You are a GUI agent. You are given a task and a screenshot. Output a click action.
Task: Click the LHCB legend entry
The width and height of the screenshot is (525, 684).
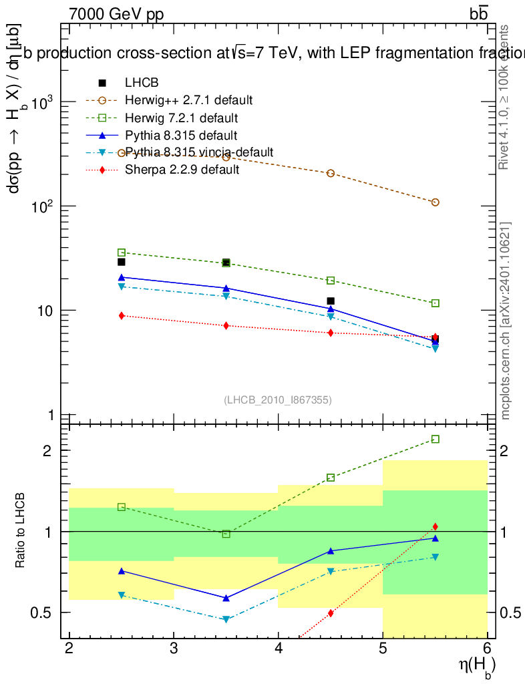(x=141, y=83)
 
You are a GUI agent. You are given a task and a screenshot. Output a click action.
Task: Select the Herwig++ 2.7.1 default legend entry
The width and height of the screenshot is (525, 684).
(x=188, y=100)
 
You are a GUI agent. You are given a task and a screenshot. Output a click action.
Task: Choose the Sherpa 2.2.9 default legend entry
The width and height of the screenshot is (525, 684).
(x=182, y=170)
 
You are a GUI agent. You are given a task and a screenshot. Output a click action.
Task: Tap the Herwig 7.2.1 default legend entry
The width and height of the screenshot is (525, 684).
(x=181, y=118)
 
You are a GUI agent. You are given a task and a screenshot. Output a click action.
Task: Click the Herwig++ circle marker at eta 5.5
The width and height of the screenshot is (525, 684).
(x=435, y=202)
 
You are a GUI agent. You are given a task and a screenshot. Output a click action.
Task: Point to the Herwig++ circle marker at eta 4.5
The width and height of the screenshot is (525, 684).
(x=331, y=173)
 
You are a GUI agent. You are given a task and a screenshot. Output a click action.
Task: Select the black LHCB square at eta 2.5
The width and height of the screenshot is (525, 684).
(x=122, y=262)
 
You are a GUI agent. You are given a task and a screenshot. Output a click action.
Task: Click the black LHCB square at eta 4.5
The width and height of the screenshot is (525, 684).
(x=331, y=301)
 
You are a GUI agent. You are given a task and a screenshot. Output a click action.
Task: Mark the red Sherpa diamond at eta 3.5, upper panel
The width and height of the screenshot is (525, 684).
(x=226, y=326)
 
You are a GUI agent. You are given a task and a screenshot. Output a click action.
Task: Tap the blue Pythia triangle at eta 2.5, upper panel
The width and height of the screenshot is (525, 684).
(x=122, y=277)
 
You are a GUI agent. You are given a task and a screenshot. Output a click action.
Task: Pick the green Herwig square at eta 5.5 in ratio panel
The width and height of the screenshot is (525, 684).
(x=435, y=439)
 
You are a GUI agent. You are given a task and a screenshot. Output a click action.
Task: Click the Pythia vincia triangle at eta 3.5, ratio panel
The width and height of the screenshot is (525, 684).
(x=226, y=620)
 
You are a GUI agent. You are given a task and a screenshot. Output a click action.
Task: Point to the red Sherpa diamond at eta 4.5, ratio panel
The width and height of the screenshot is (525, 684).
(x=331, y=613)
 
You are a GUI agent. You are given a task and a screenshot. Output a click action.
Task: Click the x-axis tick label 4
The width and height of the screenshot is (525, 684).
(x=279, y=649)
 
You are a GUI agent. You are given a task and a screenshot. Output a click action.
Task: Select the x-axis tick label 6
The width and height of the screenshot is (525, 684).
(x=487, y=649)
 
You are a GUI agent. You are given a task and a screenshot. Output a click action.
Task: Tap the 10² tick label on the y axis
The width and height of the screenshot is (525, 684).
(x=42, y=206)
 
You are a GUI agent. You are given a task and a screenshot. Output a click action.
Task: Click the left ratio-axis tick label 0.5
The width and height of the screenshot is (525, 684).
(x=42, y=613)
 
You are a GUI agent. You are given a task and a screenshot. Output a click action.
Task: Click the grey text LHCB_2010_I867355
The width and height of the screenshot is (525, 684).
(x=278, y=400)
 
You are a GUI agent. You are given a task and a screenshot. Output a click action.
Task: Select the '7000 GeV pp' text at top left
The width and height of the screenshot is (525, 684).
(x=116, y=14)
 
